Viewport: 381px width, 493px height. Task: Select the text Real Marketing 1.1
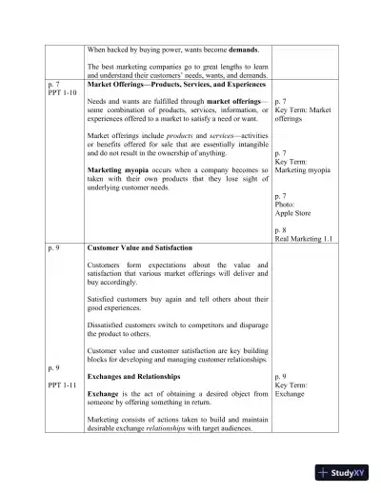pos(302,238)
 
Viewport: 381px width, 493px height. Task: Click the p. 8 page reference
pos(281,229)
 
